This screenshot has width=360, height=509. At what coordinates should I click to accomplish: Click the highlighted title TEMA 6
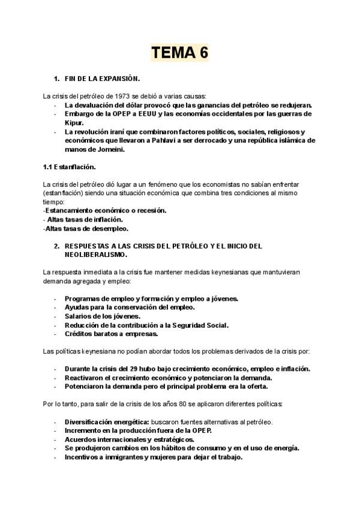coord(179,53)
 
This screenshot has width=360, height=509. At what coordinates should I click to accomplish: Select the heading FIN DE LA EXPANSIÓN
coord(102,79)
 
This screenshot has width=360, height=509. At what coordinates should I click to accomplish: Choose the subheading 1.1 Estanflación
coord(70,166)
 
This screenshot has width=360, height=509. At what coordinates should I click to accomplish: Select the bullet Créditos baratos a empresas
coord(112,334)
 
